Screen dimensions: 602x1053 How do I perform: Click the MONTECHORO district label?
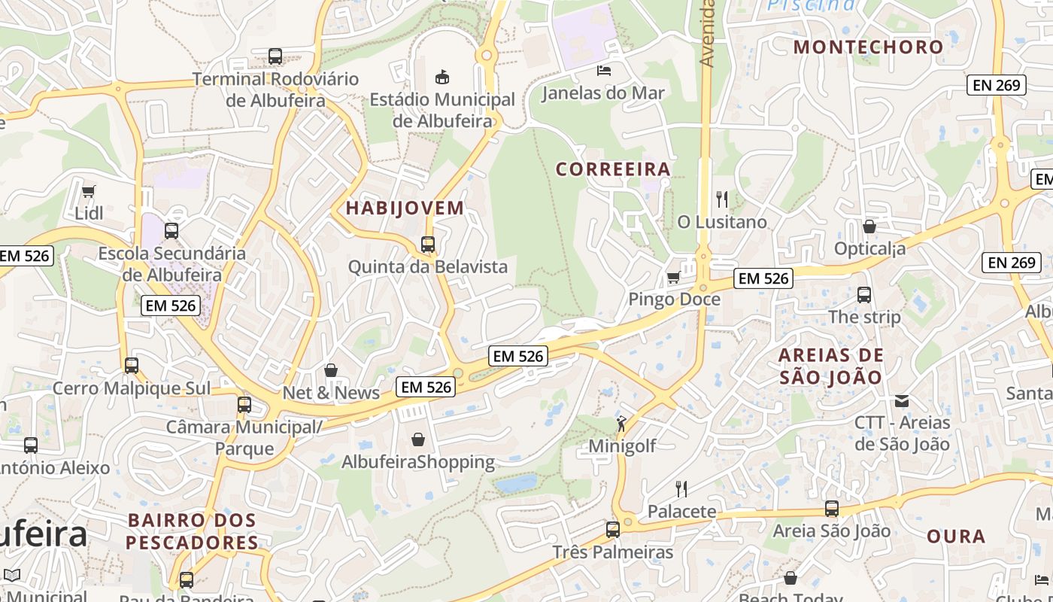click(x=868, y=47)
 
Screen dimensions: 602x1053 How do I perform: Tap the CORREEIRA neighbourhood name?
click(x=613, y=169)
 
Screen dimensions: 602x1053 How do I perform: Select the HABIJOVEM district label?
click(x=405, y=208)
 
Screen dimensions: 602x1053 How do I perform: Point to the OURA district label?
click(x=956, y=537)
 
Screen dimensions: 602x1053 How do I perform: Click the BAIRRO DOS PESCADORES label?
click(x=192, y=531)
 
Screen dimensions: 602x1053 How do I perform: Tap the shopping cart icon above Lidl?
click(x=89, y=191)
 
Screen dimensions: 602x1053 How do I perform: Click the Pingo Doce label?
click(x=674, y=299)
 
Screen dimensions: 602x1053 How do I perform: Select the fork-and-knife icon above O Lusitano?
click(x=722, y=199)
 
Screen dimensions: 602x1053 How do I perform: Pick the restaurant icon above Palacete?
click(x=681, y=489)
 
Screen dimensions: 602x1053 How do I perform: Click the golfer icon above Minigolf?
click(x=621, y=424)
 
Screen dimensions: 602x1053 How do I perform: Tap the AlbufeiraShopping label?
click(x=418, y=462)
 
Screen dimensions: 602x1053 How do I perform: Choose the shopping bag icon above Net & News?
click(x=331, y=370)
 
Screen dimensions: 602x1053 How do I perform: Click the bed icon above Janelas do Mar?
click(x=603, y=71)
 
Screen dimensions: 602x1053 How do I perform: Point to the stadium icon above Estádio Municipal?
click(x=442, y=77)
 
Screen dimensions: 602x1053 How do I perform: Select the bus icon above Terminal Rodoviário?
click(x=275, y=56)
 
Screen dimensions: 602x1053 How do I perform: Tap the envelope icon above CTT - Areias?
click(x=902, y=400)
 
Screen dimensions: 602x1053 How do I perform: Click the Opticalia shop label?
click(x=869, y=248)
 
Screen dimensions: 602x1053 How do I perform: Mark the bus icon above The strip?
click(x=864, y=295)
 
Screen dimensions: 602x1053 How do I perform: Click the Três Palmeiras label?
click(x=613, y=552)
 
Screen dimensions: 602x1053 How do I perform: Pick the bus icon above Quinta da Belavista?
click(x=428, y=245)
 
